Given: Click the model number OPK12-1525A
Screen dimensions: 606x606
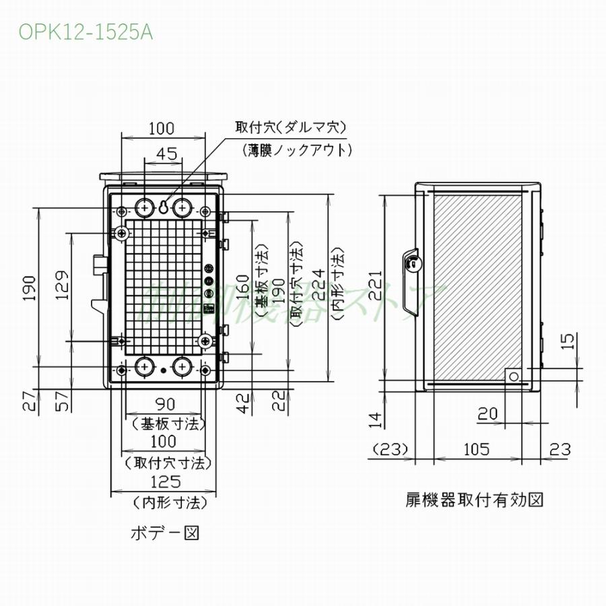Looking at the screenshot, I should pyautogui.click(x=86, y=32).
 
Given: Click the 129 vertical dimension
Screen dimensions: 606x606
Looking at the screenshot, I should pyautogui.click(x=61, y=287).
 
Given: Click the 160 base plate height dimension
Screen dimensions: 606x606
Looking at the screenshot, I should pyautogui.click(x=244, y=287).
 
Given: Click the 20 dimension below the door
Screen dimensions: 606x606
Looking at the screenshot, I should pyautogui.click(x=488, y=413).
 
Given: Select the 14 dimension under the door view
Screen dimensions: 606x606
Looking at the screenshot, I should pyautogui.click(x=376, y=420).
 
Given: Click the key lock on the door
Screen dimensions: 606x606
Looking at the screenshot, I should pyautogui.click(x=411, y=264).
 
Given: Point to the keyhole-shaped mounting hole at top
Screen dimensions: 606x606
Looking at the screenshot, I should pyautogui.click(x=163, y=207).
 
